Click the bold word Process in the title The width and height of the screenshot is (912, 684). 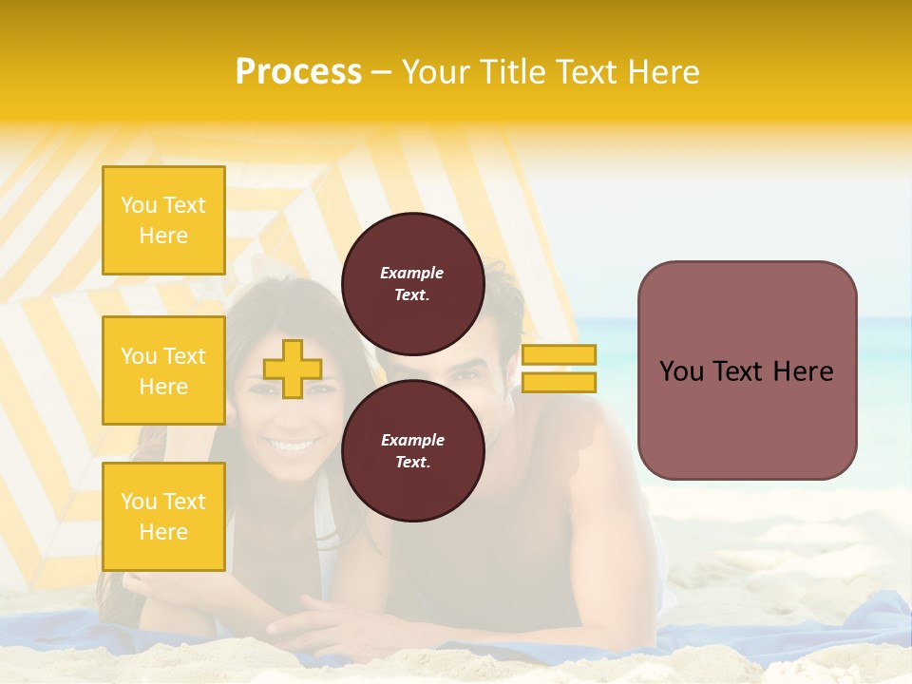pyautogui.click(x=298, y=72)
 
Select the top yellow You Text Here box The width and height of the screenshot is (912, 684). pyautogui.click(x=163, y=220)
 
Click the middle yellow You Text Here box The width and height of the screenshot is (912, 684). pyautogui.click(x=163, y=370)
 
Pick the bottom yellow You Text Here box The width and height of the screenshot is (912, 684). pyautogui.click(x=163, y=516)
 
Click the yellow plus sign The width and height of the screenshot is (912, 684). pyautogui.click(x=292, y=369)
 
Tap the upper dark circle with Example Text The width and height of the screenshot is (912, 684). pyautogui.click(x=412, y=283)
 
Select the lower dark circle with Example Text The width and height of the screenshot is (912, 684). pyautogui.click(x=412, y=450)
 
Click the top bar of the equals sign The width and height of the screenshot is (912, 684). pyautogui.click(x=559, y=354)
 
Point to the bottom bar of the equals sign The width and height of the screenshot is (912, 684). pyautogui.click(x=559, y=382)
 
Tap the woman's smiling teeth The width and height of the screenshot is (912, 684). pyautogui.click(x=290, y=445)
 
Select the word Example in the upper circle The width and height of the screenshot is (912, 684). pyautogui.click(x=412, y=273)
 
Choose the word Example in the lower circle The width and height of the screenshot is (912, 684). pyautogui.click(x=412, y=440)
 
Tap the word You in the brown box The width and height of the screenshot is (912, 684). pyautogui.click(x=681, y=371)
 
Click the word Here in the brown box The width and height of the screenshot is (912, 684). pyautogui.click(x=804, y=371)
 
